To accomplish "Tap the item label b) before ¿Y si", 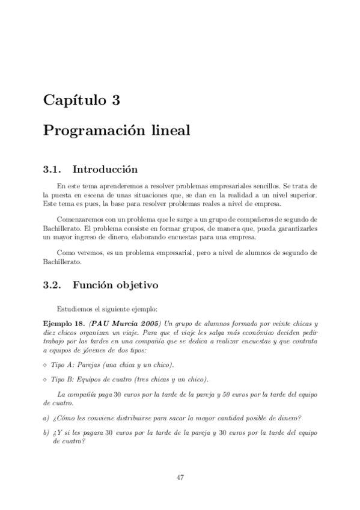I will point(46,433).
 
